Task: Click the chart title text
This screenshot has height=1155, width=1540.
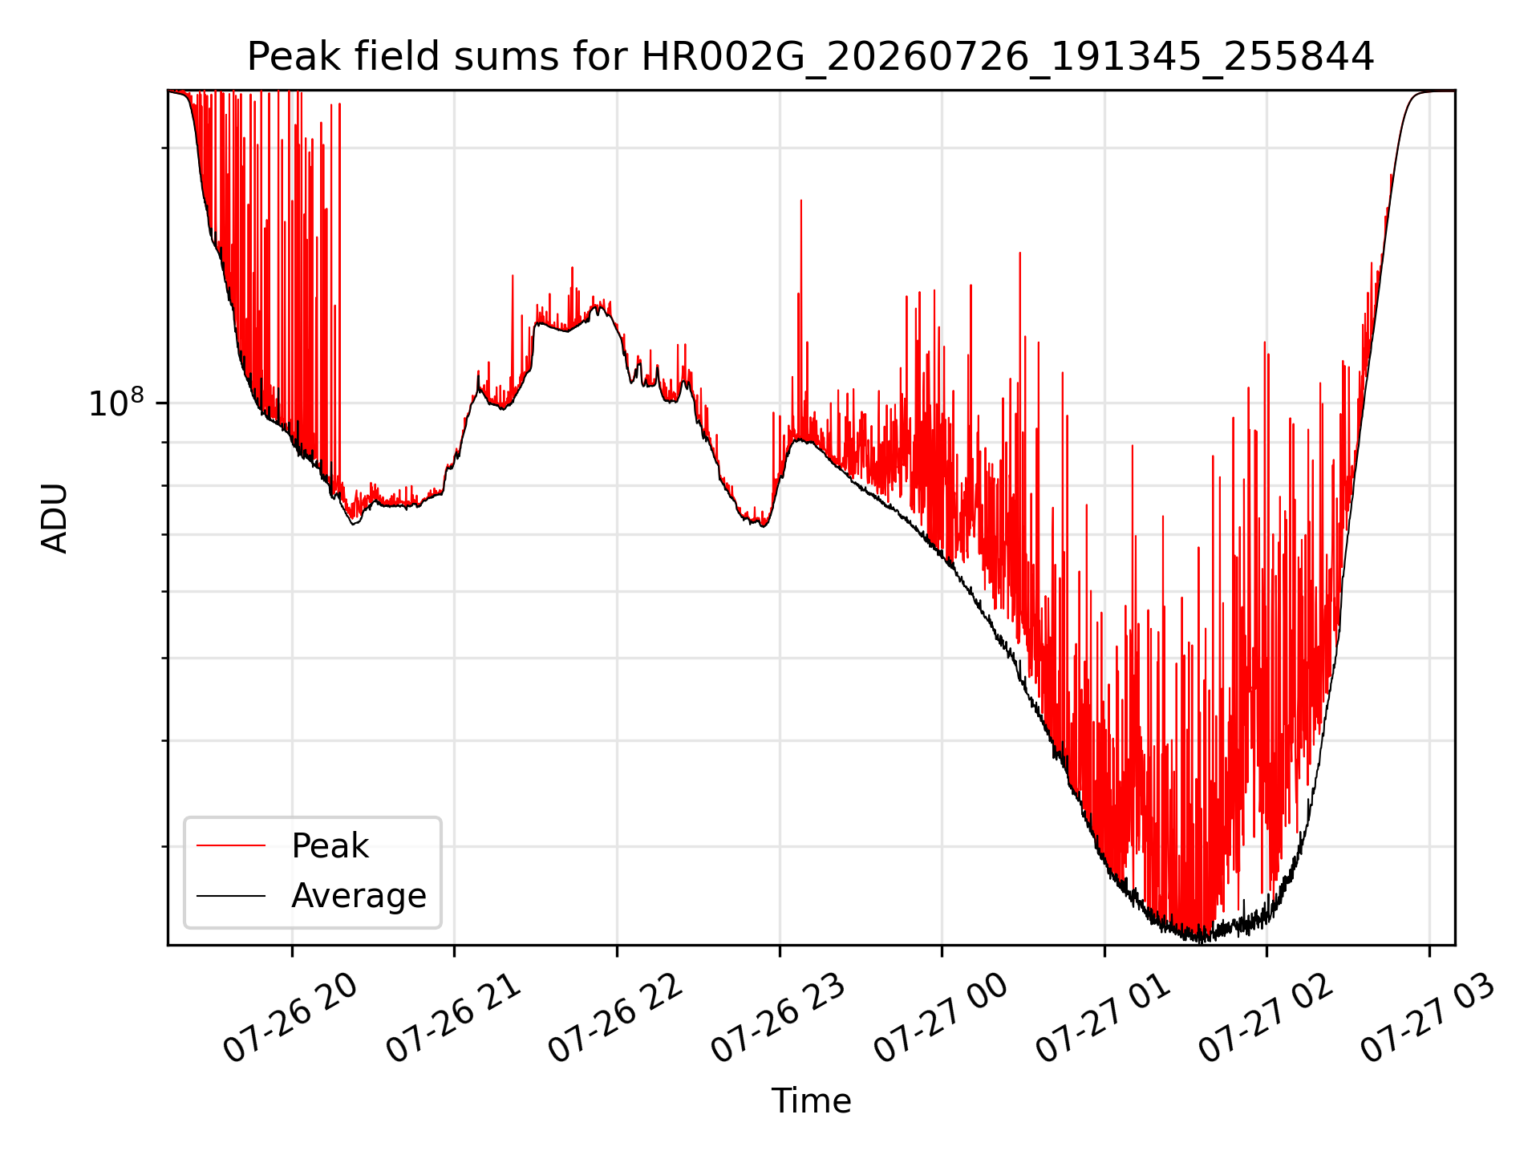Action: pyautogui.click(x=810, y=57)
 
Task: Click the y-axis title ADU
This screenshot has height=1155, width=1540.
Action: pyautogui.click(x=55, y=518)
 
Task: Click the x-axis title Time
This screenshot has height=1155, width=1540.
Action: pyautogui.click(x=811, y=1100)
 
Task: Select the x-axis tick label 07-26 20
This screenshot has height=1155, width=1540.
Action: pyautogui.click(x=290, y=1019)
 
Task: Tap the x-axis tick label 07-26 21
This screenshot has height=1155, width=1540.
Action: pyautogui.click(x=453, y=1019)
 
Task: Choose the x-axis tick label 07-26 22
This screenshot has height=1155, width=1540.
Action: pyautogui.click(x=615, y=1019)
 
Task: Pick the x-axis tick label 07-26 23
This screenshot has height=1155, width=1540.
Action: pyautogui.click(x=778, y=1019)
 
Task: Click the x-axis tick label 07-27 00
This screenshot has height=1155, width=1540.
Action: pyautogui.click(x=940, y=1019)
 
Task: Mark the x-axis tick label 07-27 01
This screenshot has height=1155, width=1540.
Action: pyautogui.click(x=1103, y=1019)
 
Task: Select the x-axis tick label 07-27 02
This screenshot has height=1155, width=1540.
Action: pyautogui.click(x=1266, y=1019)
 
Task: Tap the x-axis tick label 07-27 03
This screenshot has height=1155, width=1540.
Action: pyautogui.click(x=1428, y=1019)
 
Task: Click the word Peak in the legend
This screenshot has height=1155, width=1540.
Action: pyautogui.click(x=330, y=845)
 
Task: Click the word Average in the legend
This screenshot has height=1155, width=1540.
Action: pyautogui.click(x=359, y=895)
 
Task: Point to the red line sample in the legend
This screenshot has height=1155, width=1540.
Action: pyautogui.click(x=231, y=845)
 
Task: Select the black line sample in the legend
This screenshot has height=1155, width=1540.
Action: pyautogui.click(x=231, y=895)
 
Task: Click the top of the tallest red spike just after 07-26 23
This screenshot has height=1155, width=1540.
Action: pyautogui.click(x=800, y=201)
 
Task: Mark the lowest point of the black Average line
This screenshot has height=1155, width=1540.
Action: pyautogui.click(x=1201, y=941)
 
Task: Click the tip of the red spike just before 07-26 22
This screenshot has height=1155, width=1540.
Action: pyautogui.click(x=572, y=268)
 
